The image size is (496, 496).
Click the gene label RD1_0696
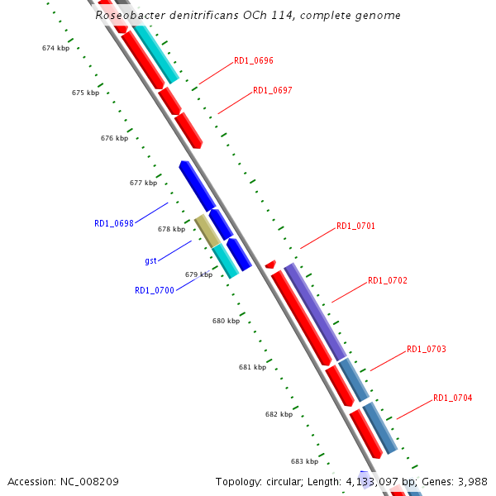[x=254, y=61]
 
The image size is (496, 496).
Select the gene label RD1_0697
[x=273, y=90]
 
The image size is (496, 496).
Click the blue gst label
[x=150, y=260]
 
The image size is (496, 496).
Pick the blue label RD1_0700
[x=155, y=290]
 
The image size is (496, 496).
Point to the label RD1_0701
[x=356, y=226]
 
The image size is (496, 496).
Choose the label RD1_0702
[x=388, y=280]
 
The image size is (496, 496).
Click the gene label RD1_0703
[x=427, y=350]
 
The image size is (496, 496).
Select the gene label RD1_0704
[x=453, y=398]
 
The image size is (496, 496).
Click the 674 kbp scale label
[x=55, y=48]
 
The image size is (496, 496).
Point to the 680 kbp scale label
[x=226, y=321]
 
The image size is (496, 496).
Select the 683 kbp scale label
[x=304, y=461]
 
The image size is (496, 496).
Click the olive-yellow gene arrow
[x=207, y=231]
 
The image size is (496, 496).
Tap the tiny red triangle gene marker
[x=270, y=264]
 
